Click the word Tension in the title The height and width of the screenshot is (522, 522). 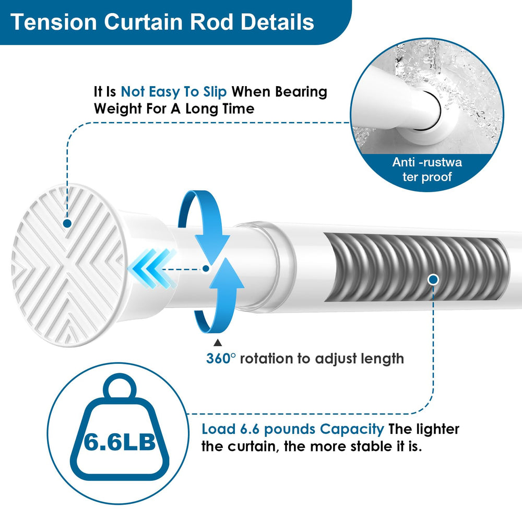click(x=54, y=22)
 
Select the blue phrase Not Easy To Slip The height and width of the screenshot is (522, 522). click(x=173, y=91)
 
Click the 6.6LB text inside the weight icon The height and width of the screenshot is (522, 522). click(x=120, y=442)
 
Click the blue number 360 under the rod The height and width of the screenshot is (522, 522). click(x=218, y=359)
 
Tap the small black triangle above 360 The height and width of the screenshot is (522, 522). click(x=217, y=342)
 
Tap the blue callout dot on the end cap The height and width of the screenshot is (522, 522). click(x=67, y=223)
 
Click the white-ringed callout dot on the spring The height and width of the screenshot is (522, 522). click(x=433, y=280)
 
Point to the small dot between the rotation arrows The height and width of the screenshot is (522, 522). click(x=206, y=268)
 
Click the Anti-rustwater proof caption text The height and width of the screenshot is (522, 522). click(x=427, y=169)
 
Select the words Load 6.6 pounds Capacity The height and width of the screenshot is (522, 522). click(x=293, y=429)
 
